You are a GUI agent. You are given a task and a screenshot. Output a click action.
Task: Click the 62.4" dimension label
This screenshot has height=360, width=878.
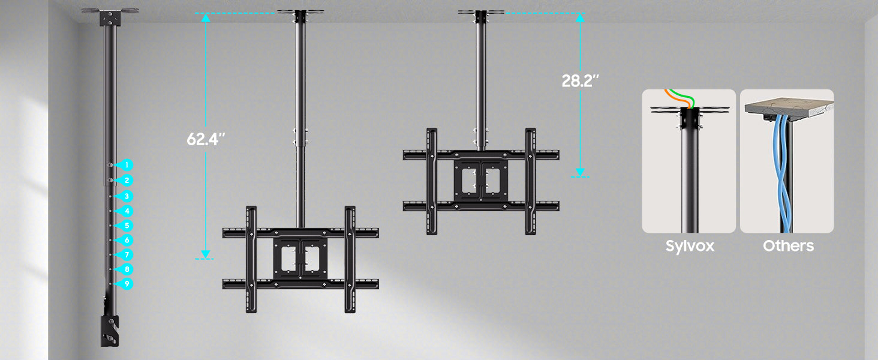tap(206, 139)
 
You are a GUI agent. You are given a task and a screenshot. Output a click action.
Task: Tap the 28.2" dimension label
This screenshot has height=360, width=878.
tap(580, 81)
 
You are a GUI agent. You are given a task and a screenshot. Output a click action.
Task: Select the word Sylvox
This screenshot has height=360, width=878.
tap(690, 246)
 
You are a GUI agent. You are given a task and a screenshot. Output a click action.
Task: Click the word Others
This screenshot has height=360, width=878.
tap(788, 246)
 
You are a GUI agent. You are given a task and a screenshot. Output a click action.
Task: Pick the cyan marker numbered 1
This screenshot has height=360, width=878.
tap(125, 165)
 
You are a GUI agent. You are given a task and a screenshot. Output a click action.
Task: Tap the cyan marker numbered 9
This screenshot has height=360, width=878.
tap(125, 284)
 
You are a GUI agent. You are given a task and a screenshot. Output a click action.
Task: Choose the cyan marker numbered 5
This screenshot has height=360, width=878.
tap(125, 226)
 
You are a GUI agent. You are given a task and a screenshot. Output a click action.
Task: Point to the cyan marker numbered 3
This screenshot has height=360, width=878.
tap(125, 196)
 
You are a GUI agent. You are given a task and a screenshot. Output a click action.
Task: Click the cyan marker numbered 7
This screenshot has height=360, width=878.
tap(125, 255)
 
